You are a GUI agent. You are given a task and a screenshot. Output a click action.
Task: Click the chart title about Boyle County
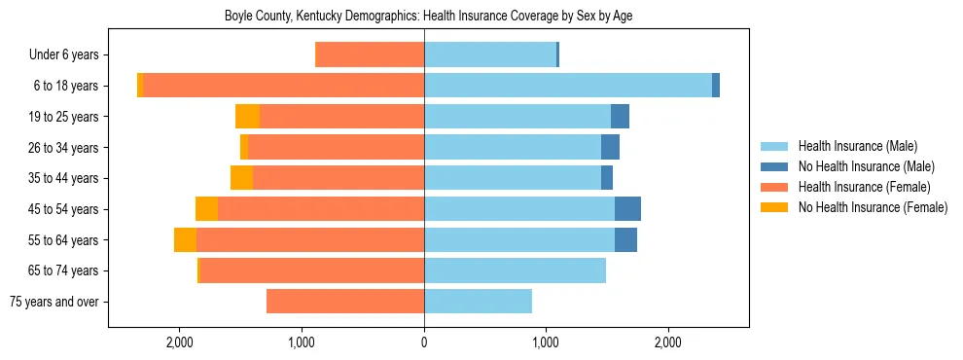pos(429,17)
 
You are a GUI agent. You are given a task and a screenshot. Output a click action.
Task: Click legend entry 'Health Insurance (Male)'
pos(857,146)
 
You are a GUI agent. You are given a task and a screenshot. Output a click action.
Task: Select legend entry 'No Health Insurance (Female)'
pos(873,207)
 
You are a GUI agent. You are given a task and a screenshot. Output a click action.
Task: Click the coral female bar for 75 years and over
pos(345,302)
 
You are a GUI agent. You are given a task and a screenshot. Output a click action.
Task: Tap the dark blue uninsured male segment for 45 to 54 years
pos(627,209)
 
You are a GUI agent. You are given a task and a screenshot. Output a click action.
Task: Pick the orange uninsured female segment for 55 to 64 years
pos(185,240)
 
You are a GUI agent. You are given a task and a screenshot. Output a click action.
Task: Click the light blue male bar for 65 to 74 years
pos(515,270)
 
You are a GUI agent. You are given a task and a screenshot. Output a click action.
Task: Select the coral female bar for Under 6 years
pos(371,55)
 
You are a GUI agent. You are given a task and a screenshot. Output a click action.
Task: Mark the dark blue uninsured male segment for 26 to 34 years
pos(610,148)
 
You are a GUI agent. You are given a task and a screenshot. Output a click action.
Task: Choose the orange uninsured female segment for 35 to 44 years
pos(241,178)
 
